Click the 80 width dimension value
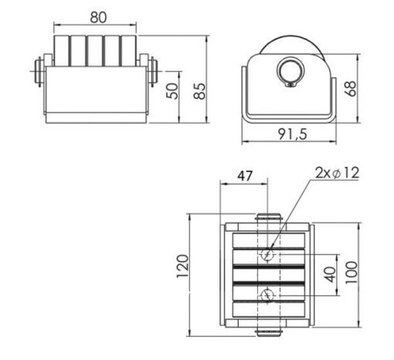pyautogui.click(x=98, y=18)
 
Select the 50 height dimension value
pyautogui.click(x=172, y=91)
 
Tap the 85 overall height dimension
pyautogui.click(x=200, y=91)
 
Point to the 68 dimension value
pyautogui.click(x=351, y=89)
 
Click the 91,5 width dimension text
pyautogui.click(x=293, y=134)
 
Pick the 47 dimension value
pyautogui.click(x=245, y=176)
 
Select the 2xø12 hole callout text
pyautogui.click(x=337, y=173)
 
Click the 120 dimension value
pyautogui.click(x=182, y=267)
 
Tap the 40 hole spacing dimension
pyautogui.click(x=331, y=274)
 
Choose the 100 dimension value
pyautogui.click(x=352, y=273)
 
